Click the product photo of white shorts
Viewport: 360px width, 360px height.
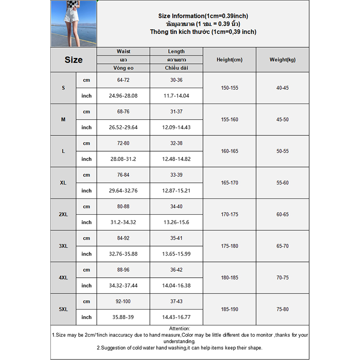tap(73, 23)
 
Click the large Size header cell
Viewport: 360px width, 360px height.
tap(73, 60)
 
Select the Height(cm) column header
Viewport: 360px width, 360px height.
tap(229, 60)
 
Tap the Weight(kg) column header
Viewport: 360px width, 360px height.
tap(283, 60)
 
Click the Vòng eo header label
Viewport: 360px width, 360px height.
tap(123, 68)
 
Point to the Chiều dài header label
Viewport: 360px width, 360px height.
tap(176, 68)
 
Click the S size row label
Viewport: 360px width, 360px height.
tap(63, 88)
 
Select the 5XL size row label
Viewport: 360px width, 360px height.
tap(63, 310)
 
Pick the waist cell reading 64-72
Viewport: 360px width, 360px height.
tap(123, 80)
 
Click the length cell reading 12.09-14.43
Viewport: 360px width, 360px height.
tap(176, 127)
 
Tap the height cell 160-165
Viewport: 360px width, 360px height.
tap(229, 151)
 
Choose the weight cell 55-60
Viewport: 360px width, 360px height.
tap(283, 183)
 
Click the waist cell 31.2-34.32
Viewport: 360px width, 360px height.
tap(123, 222)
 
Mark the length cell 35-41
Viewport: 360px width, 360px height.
tap(176, 238)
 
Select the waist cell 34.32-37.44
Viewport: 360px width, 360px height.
tap(123, 286)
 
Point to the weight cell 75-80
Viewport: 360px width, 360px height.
tap(283, 310)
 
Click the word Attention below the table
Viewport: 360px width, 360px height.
tap(180, 329)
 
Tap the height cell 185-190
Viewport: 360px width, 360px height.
tap(229, 310)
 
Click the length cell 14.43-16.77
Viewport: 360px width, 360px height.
tap(176, 317)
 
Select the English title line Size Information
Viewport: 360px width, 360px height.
tap(203, 16)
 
